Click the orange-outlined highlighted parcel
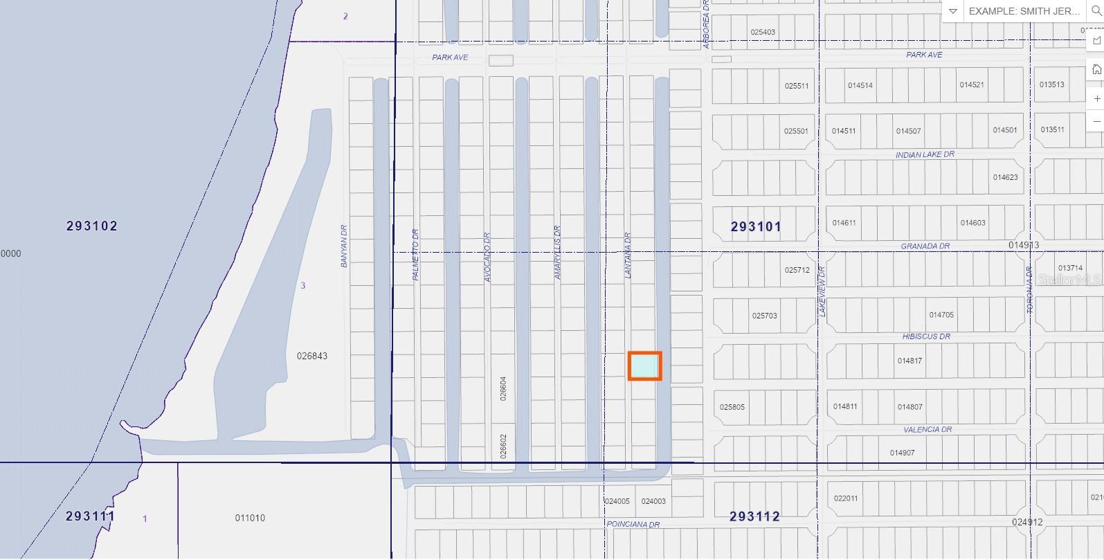[x=644, y=365]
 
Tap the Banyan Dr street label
[x=344, y=246]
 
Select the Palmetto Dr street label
[x=416, y=255]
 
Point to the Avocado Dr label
[x=487, y=257]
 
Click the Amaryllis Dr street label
[x=558, y=253]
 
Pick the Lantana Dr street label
[x=628, y=255]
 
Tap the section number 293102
[x=92, y=226]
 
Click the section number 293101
[x=756, y=226]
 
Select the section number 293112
[x=754, y=516]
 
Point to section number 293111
[x=90, y=516]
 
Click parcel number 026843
[x=312, y=356]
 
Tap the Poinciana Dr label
[x=633, y=525]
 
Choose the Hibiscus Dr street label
[x=926, y=336]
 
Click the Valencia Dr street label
[x=927, y=430]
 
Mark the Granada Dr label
[x=925, y=246]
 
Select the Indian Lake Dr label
[x=925, y=155]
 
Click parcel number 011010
[x=250, y=518]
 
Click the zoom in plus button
[x=1096, y=98]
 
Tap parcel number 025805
[x=732, y=407]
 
